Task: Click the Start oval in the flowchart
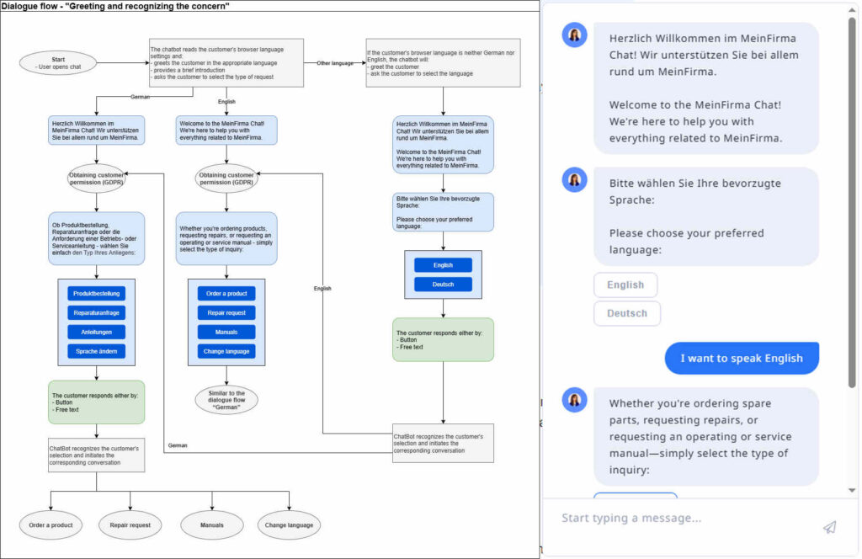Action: (x=58, y=62)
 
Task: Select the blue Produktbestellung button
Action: (x=97, y=294)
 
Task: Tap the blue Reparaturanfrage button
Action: (x=97, y=313)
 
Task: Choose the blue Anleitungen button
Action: (x=97, y=332)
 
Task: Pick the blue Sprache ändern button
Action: (x=97, y=351)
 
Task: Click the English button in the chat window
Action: (x=625, y=285)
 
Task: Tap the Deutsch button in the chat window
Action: (x=627, y=313)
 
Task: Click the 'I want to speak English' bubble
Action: (x=742, y=358)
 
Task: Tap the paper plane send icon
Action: (x=829, y=527)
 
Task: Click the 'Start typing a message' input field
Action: (x=673, y=519)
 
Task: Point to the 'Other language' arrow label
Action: (x=335, y=63)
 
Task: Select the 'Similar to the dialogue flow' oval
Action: (x=226, y=400)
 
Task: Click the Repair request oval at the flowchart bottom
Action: (x=129, y=525)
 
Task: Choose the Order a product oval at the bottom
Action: (x=51, y=525)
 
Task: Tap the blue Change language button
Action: (x=226, y=351)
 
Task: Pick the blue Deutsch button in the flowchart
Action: (x=443, y=285)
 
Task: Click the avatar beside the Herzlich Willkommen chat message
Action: (x=574, y=35)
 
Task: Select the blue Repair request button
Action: (x=226, y=313)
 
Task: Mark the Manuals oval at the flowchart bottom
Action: (x=212, y=525)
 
